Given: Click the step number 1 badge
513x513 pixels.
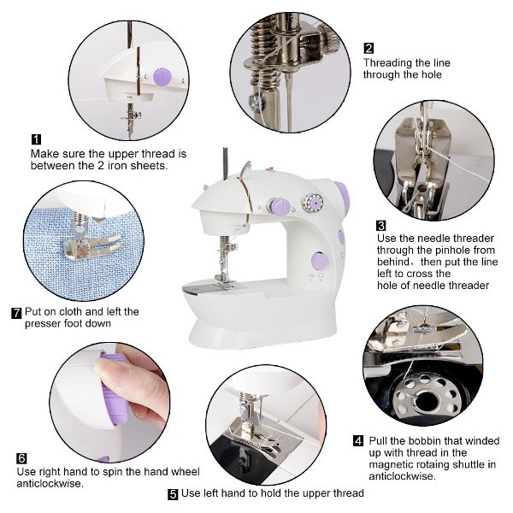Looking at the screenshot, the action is point(36,139).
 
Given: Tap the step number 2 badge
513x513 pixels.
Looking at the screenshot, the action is point(369,49).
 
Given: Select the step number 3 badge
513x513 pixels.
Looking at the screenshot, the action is point(381,226).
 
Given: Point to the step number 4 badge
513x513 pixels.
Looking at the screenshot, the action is point(358,440).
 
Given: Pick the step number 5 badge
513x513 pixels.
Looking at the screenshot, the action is point(173,494).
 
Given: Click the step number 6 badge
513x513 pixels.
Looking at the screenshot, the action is point(21,458).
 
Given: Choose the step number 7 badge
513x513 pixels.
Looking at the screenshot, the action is point(16,313).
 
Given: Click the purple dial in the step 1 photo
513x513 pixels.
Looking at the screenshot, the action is point(162,77).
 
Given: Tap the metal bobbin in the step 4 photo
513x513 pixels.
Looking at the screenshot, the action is point(427,397).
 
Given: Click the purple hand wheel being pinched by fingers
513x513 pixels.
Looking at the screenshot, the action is point(113,389).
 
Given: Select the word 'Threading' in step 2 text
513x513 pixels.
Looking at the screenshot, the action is point(383,63).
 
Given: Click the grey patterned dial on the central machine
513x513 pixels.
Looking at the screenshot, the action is point(312,203).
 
